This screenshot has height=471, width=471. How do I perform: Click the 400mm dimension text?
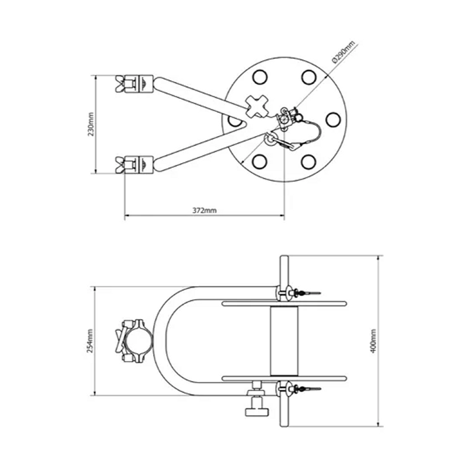click(x=373, y=340)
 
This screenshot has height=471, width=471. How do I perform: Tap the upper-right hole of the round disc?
click(x=308, y=77)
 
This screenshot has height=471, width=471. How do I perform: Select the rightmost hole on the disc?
click(x=333, y=120)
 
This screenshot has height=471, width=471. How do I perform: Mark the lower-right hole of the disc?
click(x=308, y=161)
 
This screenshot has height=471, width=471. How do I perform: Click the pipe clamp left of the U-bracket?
click(x=135, y=341)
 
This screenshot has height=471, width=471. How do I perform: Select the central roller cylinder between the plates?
click(x=284, y=341)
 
